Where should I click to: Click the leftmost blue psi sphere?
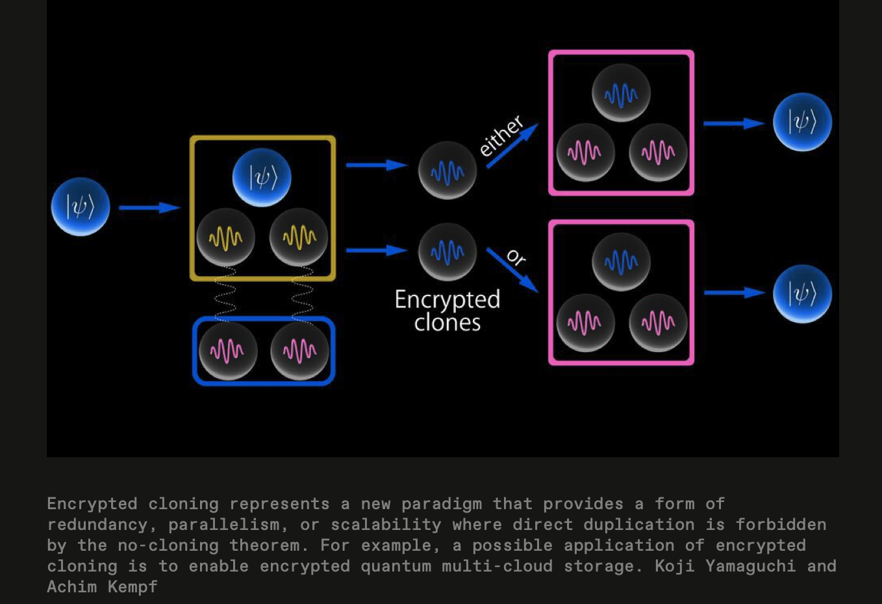point(81,207)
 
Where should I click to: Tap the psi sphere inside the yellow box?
point(262,177)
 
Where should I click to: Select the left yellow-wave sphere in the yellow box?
point(225,237)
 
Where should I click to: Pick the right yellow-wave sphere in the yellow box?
point(299,237)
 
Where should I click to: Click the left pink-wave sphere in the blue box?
point(227,351)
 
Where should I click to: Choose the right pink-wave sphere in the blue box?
point(299,351)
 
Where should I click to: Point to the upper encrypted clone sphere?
point(447,171)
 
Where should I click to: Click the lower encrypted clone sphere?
point(447,252)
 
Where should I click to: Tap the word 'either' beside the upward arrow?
point(501,136)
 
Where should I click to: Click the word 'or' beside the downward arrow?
point(516,257)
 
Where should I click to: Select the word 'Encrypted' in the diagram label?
point(447,299)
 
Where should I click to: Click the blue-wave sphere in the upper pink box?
point(621,94)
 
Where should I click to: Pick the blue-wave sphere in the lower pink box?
point(621,262)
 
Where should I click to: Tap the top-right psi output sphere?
point(802,122)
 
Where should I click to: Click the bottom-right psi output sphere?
point(802,294)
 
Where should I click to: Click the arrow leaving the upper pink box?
point(734,123)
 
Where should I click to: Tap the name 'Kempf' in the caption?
point(132,587)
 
